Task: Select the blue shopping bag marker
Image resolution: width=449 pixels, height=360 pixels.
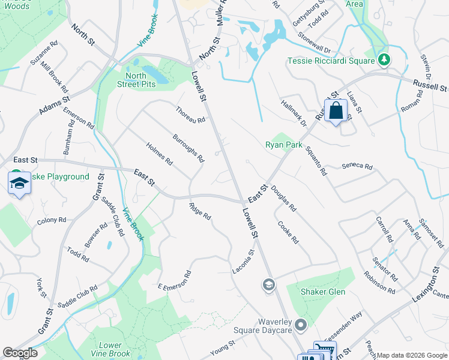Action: click(x=336, y=111)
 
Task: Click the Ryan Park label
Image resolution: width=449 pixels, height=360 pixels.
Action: click(x=284, y=145)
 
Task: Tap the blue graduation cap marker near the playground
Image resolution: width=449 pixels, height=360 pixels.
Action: click(x=19, y=184)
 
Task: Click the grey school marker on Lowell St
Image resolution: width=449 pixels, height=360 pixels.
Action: click(x=269, y=284)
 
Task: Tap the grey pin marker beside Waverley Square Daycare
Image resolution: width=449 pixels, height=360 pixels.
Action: click(x=302, y=326)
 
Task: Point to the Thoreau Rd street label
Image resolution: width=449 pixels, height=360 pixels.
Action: click(x=191, y=113)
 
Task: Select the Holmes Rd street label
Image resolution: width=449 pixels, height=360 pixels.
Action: click(x=160, y=154)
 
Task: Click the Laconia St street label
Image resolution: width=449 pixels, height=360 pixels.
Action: click(x=244, y=262)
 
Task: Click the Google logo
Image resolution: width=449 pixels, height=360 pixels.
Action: click(x=20, y=353)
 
